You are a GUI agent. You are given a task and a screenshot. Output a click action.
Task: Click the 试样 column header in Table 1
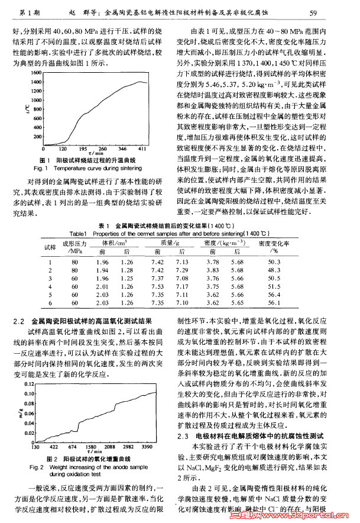[50, 247]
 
